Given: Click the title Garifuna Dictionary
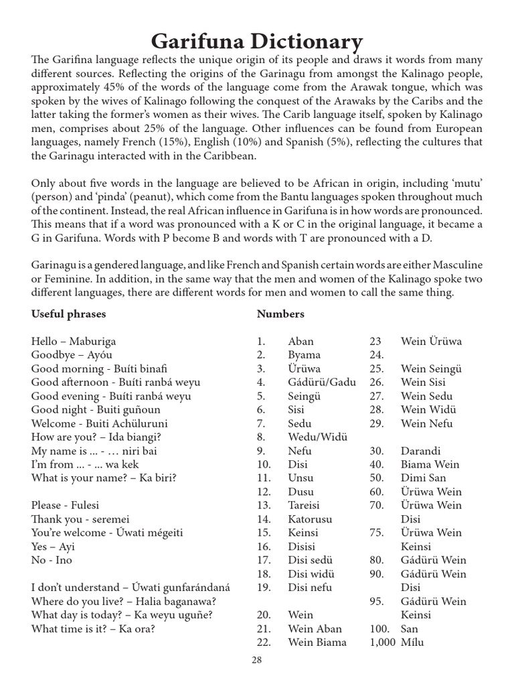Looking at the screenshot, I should point(257,42).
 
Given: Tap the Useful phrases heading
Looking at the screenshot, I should point(68,314).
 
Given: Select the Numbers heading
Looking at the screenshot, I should point(280,314).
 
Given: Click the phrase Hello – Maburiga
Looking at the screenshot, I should point(73,341).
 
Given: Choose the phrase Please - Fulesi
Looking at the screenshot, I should point(65,505).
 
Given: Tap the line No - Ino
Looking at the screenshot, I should point(52,560).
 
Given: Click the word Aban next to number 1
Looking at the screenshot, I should point(301,341).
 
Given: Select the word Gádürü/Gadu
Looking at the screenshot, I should point(322,382).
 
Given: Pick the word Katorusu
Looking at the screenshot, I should point(310,519).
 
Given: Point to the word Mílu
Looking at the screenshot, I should point(414,642).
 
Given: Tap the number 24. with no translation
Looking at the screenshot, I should point(376,355).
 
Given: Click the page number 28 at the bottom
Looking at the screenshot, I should point(257,661).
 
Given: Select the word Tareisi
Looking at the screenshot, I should point(304,505).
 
